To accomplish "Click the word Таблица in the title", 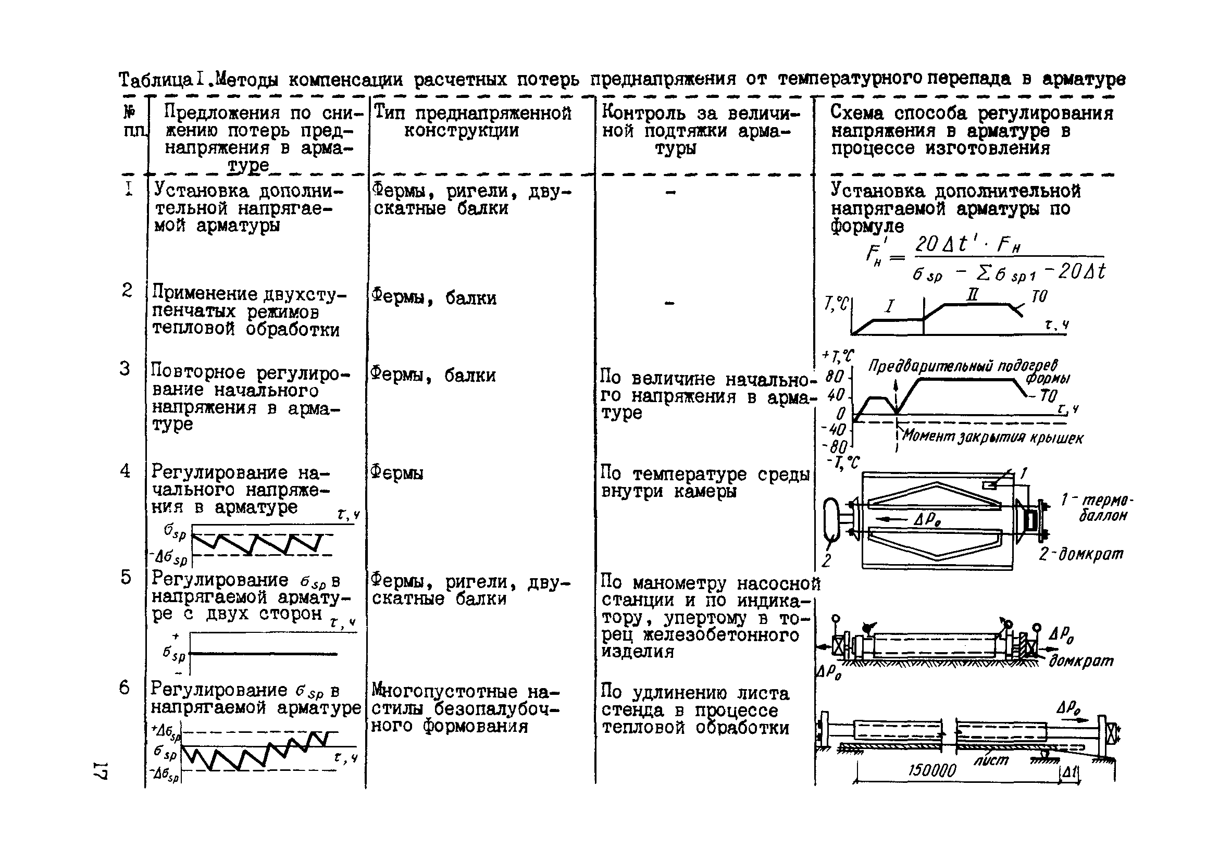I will point(155,80).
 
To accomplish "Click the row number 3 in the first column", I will point(125,369).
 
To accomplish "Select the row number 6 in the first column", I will point(125,688).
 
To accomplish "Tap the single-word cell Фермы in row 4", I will point(397,473).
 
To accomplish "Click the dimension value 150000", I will point(932,771).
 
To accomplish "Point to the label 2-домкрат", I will point(1080,554).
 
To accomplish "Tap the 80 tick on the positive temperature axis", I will point(834,377).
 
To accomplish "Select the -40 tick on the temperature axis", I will point(834,429).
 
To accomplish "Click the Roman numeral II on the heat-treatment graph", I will point(972,294).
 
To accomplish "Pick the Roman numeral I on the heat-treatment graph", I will point(889,306).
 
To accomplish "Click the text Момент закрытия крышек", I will point(992,436).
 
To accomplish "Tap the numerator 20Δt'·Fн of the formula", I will point(967,245).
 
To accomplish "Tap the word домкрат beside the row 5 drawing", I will point(1081,661).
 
